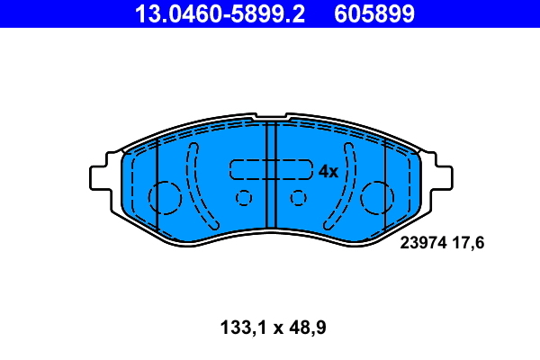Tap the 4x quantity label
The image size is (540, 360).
(x=328, y=171)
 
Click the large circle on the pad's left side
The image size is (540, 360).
(x=165, y=197)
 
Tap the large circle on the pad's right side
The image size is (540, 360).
(x=377, y=197)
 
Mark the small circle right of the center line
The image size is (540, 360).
(x=298, y=198)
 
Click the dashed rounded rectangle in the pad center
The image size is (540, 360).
(x=270, y=170)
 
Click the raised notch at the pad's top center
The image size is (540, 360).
(x=270, y=118)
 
